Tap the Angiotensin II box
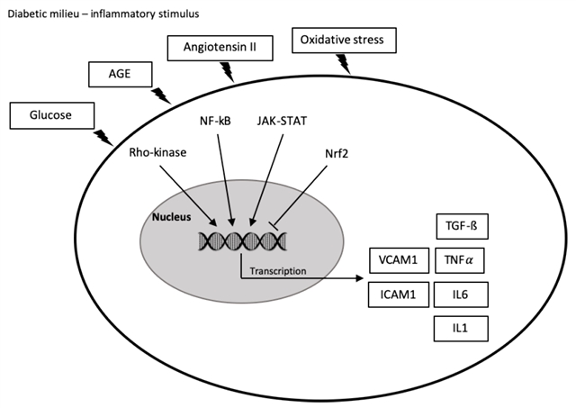tap(219, 48)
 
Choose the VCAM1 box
tap(397, 261)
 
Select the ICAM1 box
tap(397, 295)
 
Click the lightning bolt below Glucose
tap(102, 135)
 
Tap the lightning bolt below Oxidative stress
tap(343, 63)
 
